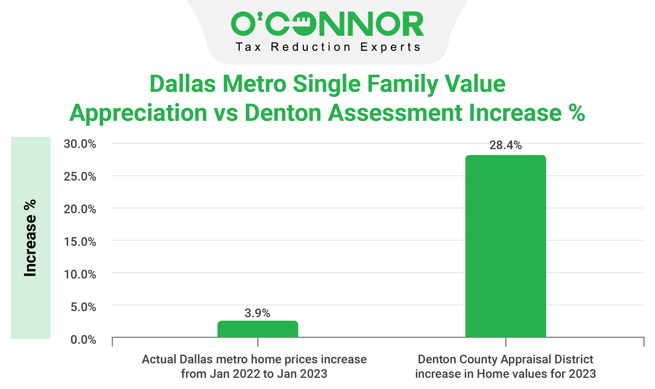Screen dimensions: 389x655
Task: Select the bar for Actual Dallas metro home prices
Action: click(258, 329)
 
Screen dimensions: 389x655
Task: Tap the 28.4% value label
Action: click(505, 145)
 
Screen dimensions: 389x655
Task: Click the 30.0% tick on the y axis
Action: click(80, 144)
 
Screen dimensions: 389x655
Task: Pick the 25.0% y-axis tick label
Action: click(80, 176)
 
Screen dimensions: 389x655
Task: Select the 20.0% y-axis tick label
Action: click(80, 209)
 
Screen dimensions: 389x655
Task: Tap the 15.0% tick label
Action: click(80, 242)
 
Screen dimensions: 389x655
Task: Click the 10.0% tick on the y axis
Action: click(80, 274)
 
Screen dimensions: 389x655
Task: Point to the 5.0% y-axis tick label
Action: click(83, 307)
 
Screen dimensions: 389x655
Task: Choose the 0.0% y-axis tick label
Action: click(83, 339)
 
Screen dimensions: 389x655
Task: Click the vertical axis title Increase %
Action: click(30, 238)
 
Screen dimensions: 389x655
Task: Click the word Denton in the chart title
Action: click(283, 113)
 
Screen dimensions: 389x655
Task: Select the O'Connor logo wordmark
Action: click(327, 24)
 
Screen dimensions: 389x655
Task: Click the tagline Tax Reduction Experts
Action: click(328, 47)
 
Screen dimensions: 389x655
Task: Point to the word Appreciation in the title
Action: click(138, 113)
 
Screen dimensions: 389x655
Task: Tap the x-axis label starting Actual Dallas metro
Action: click(254, 366)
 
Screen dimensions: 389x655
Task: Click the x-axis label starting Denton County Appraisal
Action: click(505, 366)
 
